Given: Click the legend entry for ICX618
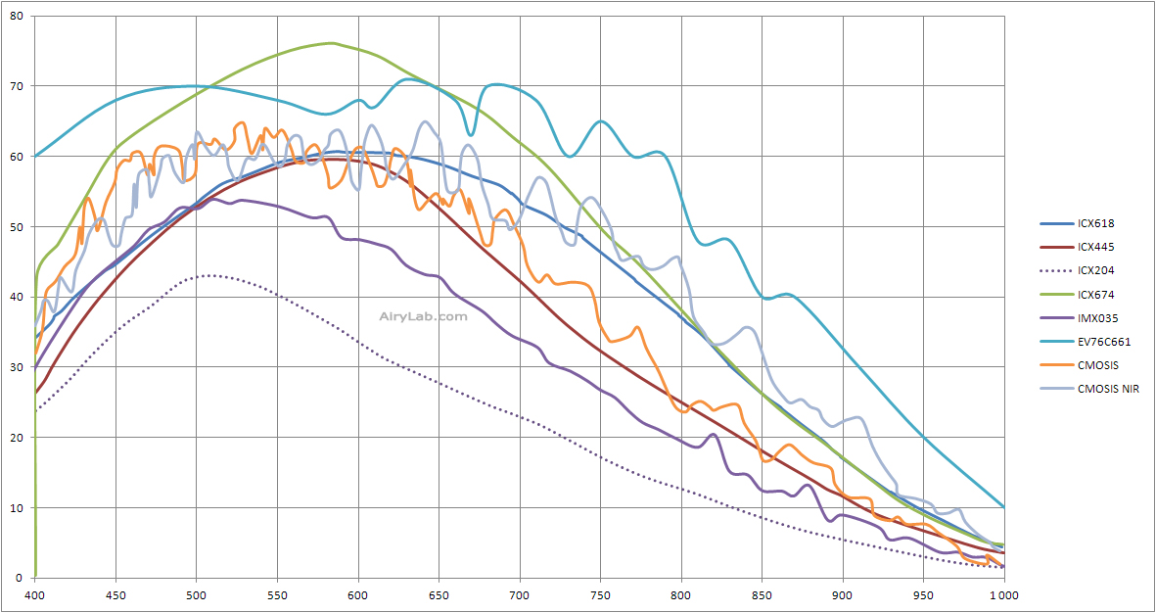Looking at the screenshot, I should pyautogui.click(x=1095, y=223).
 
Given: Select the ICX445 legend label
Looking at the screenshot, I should pyautogui.click(x=1095, y=247).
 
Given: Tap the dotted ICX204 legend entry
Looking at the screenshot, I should pyautogui.click(x=1095, y=270).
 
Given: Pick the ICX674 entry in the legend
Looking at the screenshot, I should pyautogui.click(x=1095, y=295).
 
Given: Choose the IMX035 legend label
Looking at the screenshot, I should pyautogui.click(x=1096, y=318).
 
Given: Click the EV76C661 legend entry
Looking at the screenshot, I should pyautogui.click(x=1104, y=342).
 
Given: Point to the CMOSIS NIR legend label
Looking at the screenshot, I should pyautogui.click(x=1108, y=390).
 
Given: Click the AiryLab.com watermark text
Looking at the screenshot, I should pyautogui.click(x=423, y=316).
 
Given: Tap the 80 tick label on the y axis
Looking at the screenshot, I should pyautogui.click(x=16, y=16).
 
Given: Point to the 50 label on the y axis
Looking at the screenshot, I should pyautogui.click(x=16, y=226).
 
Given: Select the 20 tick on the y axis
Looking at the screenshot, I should pyautogui.click(x=16, y=438).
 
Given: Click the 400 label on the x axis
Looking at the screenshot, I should pyautogui.click(x=35, y=594).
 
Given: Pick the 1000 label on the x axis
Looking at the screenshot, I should pyautogui.click(x=1003, y=594).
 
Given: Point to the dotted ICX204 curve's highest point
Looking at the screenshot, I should pyautogui.click(x=208, y=275).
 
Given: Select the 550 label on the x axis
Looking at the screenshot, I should pyautogui.click(x=277, y=594).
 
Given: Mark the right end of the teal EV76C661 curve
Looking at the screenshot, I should pyautogui.click(x=1003, y=506).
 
